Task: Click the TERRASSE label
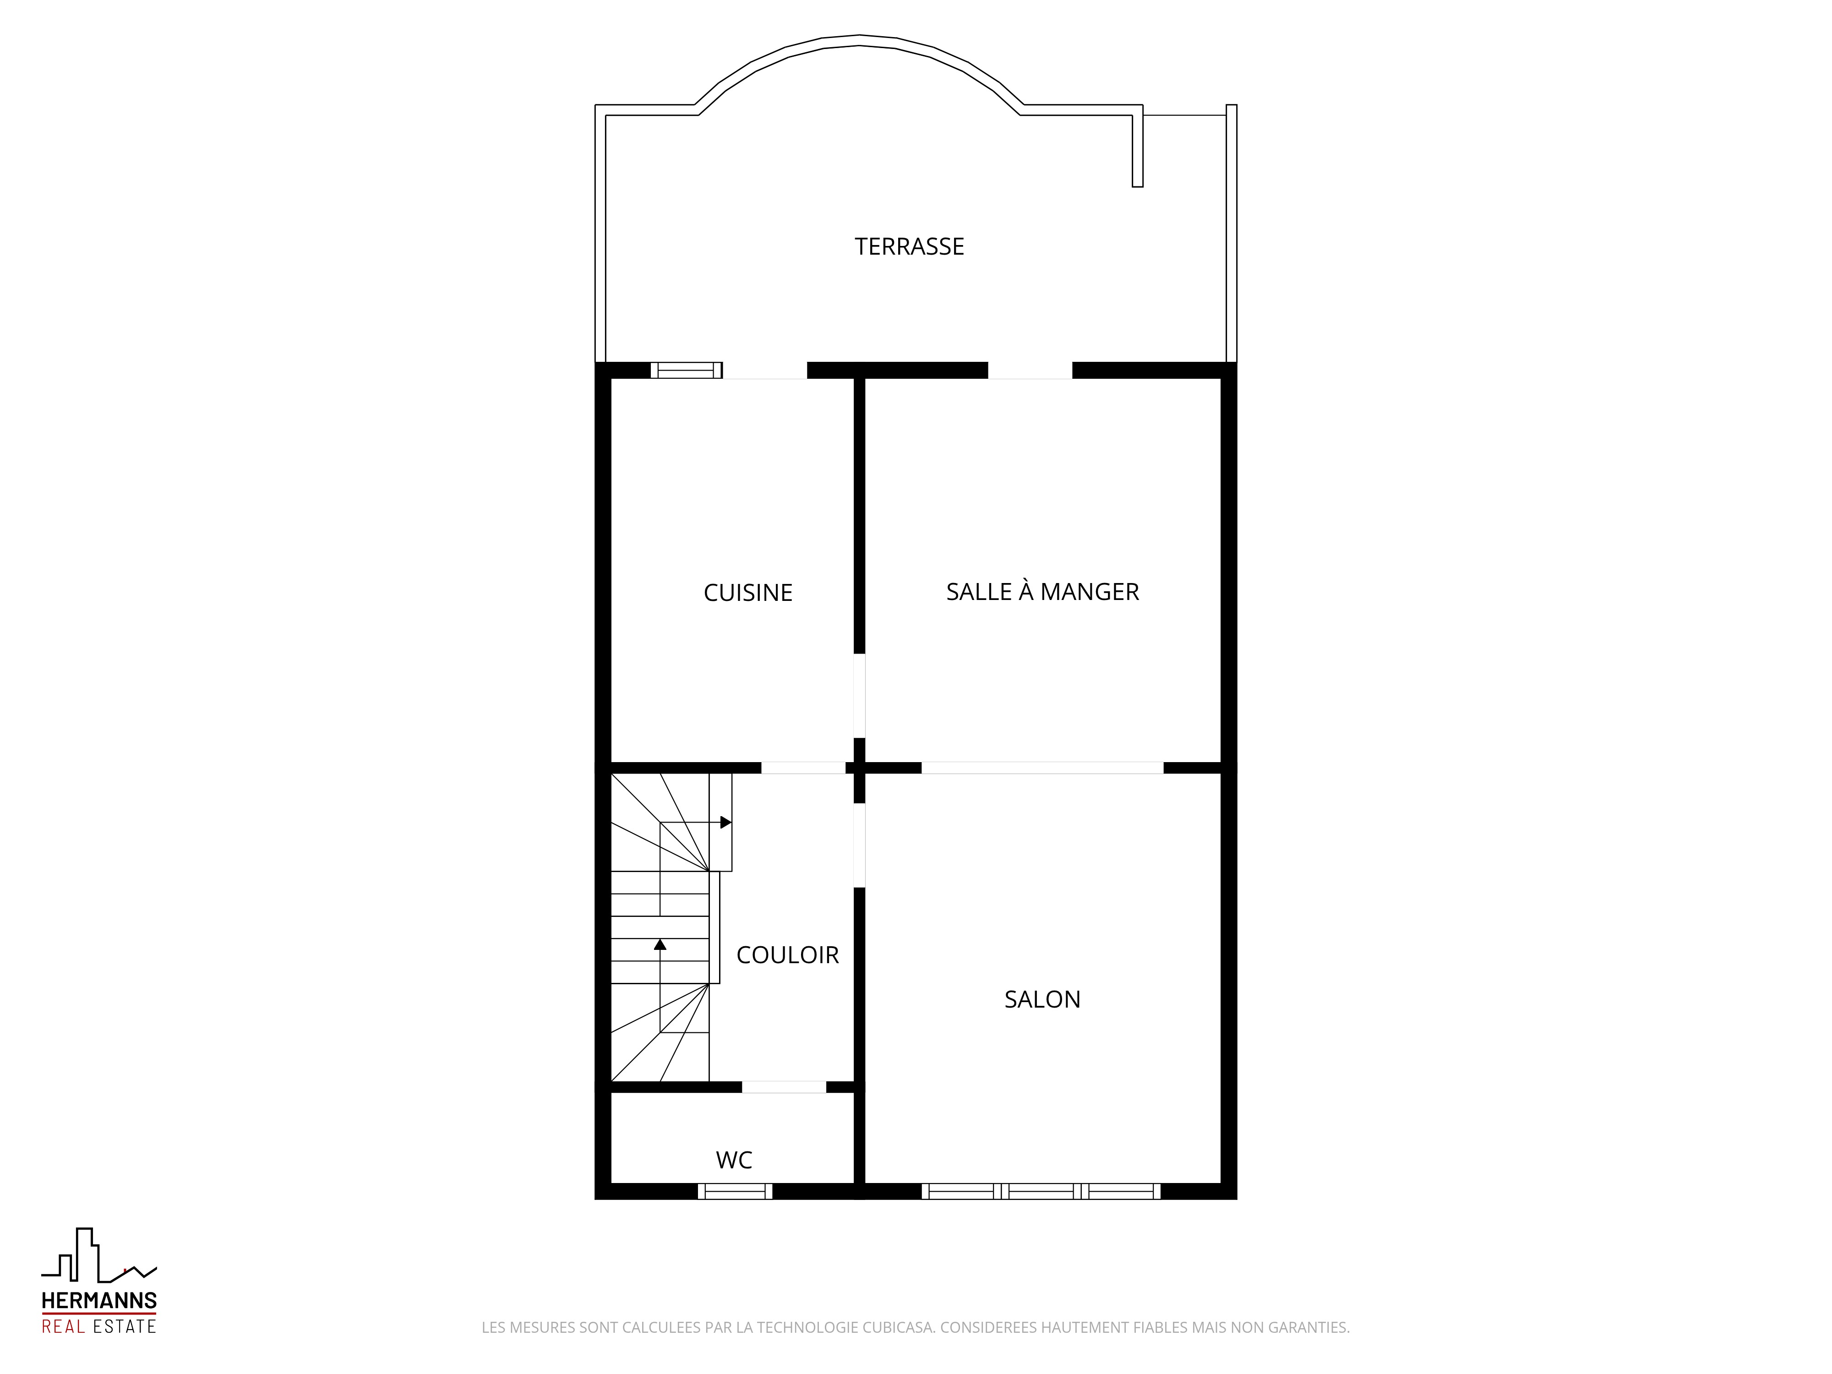tap(910, 247)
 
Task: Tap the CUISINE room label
tap(748, 593)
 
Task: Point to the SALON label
tap(1042, 1000)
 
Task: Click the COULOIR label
tap(788, 955)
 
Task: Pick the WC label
tap(734, 1160)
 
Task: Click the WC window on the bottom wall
tap(735, 1191)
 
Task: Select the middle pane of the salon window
tap(1041, 1191)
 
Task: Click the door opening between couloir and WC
tap(784, 1087)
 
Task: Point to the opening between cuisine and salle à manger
tap(860, 696)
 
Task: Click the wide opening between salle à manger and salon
tap(1042, 768)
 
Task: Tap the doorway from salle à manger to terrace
tap(1030, 370)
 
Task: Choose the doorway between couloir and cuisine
tap(803, 768)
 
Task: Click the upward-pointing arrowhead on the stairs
tap(660, 944)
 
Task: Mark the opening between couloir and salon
tap(860, 845)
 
